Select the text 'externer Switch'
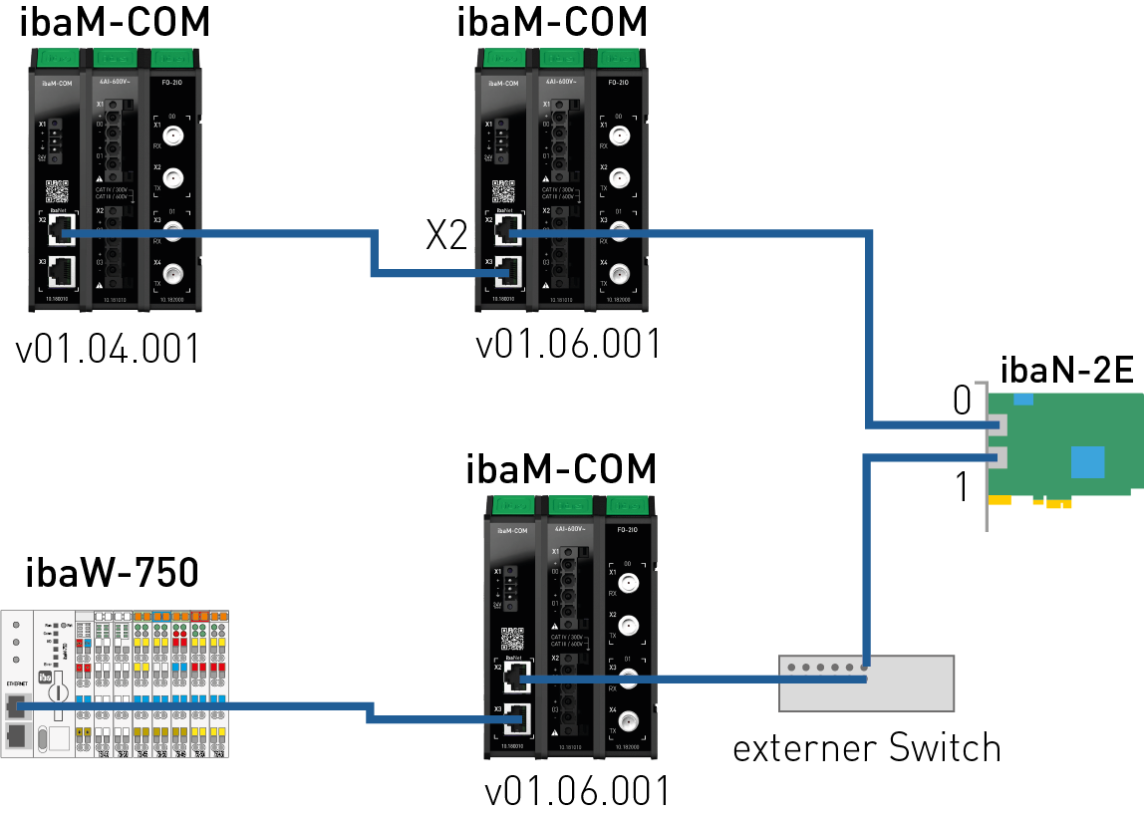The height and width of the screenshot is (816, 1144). (866, 746)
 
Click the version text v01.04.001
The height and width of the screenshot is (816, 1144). (108, 350)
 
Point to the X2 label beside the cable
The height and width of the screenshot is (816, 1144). (446, 235)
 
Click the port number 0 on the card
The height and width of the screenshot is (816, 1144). (962, 401)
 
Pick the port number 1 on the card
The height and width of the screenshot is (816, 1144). (962, 488)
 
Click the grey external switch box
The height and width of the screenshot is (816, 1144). (866, 683)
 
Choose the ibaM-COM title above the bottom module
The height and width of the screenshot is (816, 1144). (562, 467)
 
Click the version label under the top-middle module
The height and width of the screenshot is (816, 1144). (568, 345)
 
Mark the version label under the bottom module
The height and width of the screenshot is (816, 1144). (577, 792)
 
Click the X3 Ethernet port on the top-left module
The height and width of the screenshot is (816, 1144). (62, 268)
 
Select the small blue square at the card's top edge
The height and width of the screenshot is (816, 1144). (1022, 399)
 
